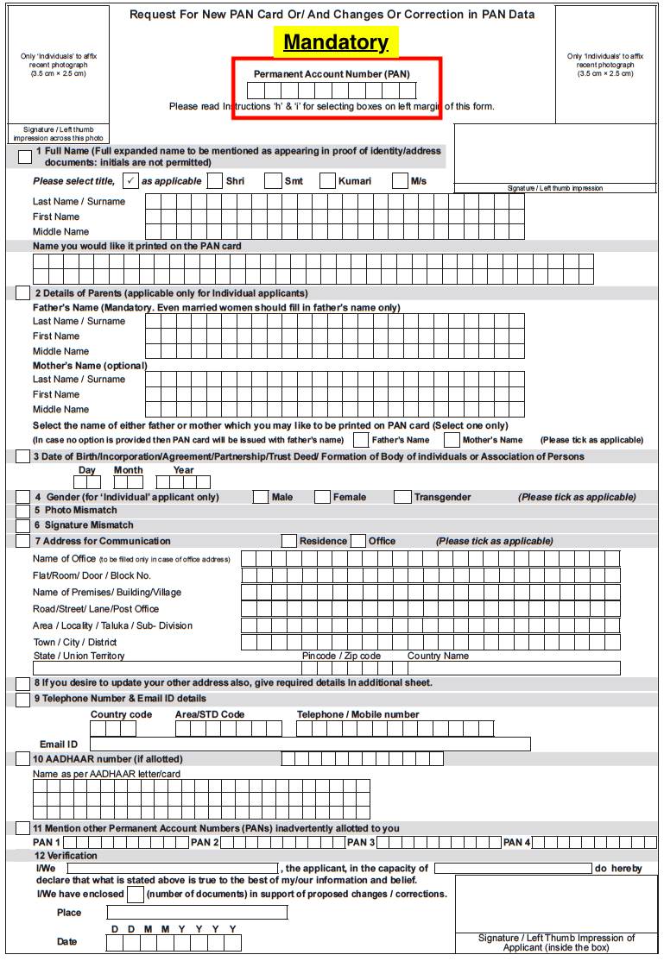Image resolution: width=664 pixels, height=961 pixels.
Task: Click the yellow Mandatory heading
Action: click(336, 42)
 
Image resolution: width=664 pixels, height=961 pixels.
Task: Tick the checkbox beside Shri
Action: click(214, 181)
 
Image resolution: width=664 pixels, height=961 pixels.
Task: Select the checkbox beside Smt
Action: click(272, 181)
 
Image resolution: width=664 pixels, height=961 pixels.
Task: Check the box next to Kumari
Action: click(327, 181)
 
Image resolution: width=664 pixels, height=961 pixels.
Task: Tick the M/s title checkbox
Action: click(399, 181)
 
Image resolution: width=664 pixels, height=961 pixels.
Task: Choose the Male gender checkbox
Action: click(260, 497)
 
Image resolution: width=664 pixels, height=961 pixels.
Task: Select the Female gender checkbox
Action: click(322, 497)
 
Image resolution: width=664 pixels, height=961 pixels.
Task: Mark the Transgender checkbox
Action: click(402, 497)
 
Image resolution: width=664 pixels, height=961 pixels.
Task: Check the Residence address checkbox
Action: click(289, 541)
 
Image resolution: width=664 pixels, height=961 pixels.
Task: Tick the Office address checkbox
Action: click(358, 541)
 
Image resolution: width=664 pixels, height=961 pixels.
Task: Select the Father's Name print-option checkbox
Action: click(362, 440)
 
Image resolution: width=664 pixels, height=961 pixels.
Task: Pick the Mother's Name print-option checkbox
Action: click(452, 440)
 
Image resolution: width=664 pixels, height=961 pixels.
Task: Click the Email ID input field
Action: click(310, 744)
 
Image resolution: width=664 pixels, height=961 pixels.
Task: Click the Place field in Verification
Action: click(196, 912)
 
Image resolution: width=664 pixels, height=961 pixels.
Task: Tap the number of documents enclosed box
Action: click(135, 895)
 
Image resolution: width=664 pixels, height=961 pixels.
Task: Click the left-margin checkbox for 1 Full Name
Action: click(25, 156)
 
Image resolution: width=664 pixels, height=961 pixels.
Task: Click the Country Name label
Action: click(438, 656)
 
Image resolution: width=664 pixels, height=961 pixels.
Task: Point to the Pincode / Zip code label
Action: click(341, 656)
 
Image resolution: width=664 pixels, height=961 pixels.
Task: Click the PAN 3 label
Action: click(360, 842)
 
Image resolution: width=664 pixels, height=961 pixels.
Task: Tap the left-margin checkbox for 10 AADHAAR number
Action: click(23, 759)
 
